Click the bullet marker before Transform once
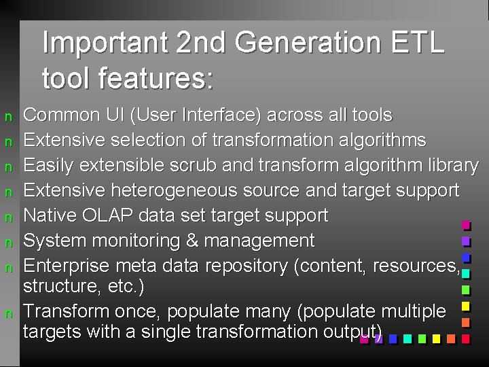click(x=10, y=313)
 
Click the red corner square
click(x=466, y=338)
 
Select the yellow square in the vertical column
click(x=466, y=306)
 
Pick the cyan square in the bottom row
click(x=407, y=338)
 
